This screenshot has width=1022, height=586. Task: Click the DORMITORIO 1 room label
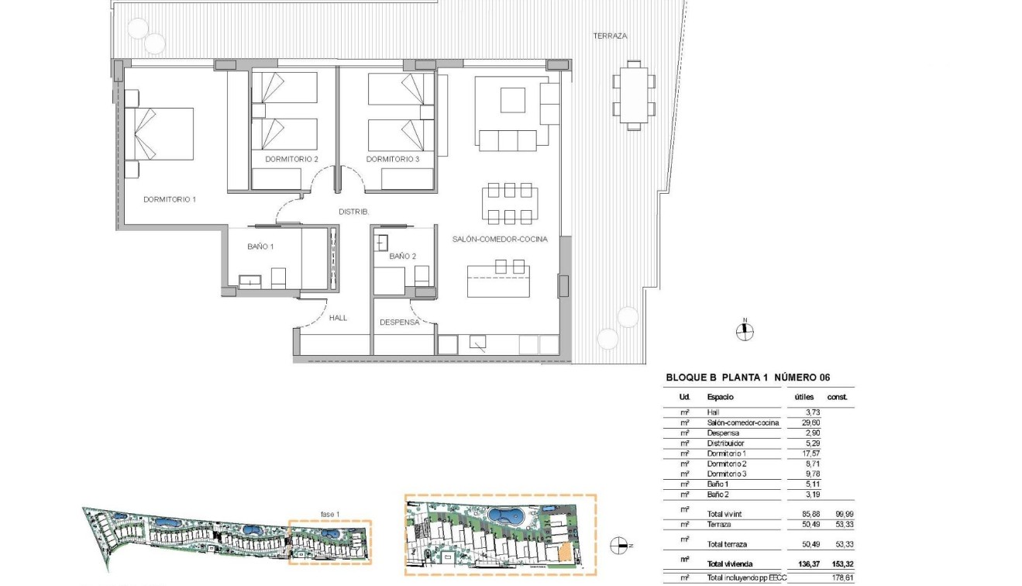(x=170, y=199)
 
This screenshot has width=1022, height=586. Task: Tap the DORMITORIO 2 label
(x=291, y=159)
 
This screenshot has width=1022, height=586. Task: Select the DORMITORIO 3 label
(x=393, y=159)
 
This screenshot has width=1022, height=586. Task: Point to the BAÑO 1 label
(x=261, y=246)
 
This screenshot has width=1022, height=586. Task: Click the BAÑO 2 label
(x=403, y=256)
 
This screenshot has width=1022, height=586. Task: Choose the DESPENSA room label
(x=399, y=322)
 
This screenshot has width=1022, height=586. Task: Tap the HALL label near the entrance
(x=338, y=318)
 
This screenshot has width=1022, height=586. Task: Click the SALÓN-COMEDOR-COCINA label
(x=500, y=240)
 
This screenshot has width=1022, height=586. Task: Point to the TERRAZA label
(x=609, y=36)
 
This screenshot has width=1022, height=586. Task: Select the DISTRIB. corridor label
(x=354, y=212)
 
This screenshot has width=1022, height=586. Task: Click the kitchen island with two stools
(x=498, y=281)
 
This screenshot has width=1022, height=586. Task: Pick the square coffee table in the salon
(x=512, y=101)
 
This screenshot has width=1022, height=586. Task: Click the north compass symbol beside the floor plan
(x=744, y=331)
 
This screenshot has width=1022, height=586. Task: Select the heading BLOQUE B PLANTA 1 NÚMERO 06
(x=748, y=377)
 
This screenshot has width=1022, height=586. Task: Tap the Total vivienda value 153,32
(x=838, y=564)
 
